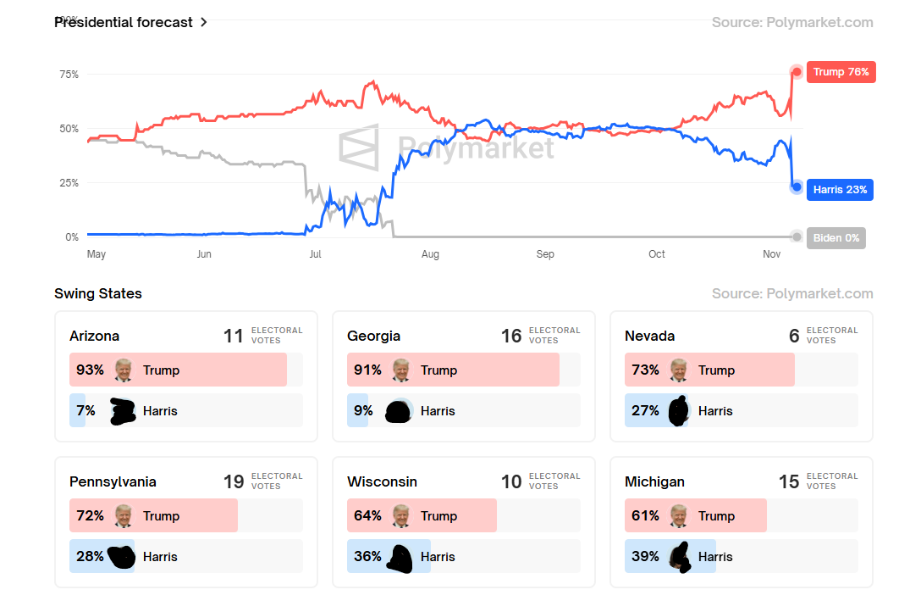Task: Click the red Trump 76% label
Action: tap(841, 72)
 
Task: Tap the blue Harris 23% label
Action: tap(840, 189)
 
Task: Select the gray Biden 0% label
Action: tap(836, 237)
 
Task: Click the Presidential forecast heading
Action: tap(124, 22)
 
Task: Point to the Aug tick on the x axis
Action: tap(430, 254)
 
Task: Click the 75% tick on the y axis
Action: tap(69, 75)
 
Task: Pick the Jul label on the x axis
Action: tap(315, 254)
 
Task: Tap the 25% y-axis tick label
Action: tap(69, 183)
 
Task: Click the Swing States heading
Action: tap(98, 293)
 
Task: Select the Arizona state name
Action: tap(94, 336)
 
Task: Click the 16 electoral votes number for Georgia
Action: tap(511, 336)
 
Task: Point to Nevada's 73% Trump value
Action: tap(645, 370)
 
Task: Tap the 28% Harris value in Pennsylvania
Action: tap(90, 556)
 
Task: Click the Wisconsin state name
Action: tap(382, 481)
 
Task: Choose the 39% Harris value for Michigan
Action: tap(645, 556)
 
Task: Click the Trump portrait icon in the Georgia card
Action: tap(401, 370)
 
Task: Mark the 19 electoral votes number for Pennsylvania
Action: tap(234, 481)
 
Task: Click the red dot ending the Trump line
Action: tap(797, 72)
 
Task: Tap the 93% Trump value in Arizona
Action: tap(90, 370)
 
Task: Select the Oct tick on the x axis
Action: tap(657, 254)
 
